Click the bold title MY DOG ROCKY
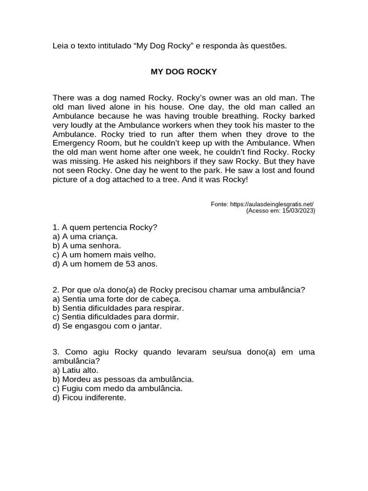pos(184,72)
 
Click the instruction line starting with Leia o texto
pos(169,46)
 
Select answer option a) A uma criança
pos(85,236)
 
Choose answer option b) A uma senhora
pos(86,245)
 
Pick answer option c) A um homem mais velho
pos(104,255)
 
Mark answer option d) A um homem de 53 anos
pos(105,264)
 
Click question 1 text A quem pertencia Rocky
pos(105,227)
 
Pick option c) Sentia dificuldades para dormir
pos(115,317)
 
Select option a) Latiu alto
pos(75,370)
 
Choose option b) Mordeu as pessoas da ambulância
pos(123,379)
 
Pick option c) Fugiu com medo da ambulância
pos(117,388)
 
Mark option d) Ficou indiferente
pos(89,397)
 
